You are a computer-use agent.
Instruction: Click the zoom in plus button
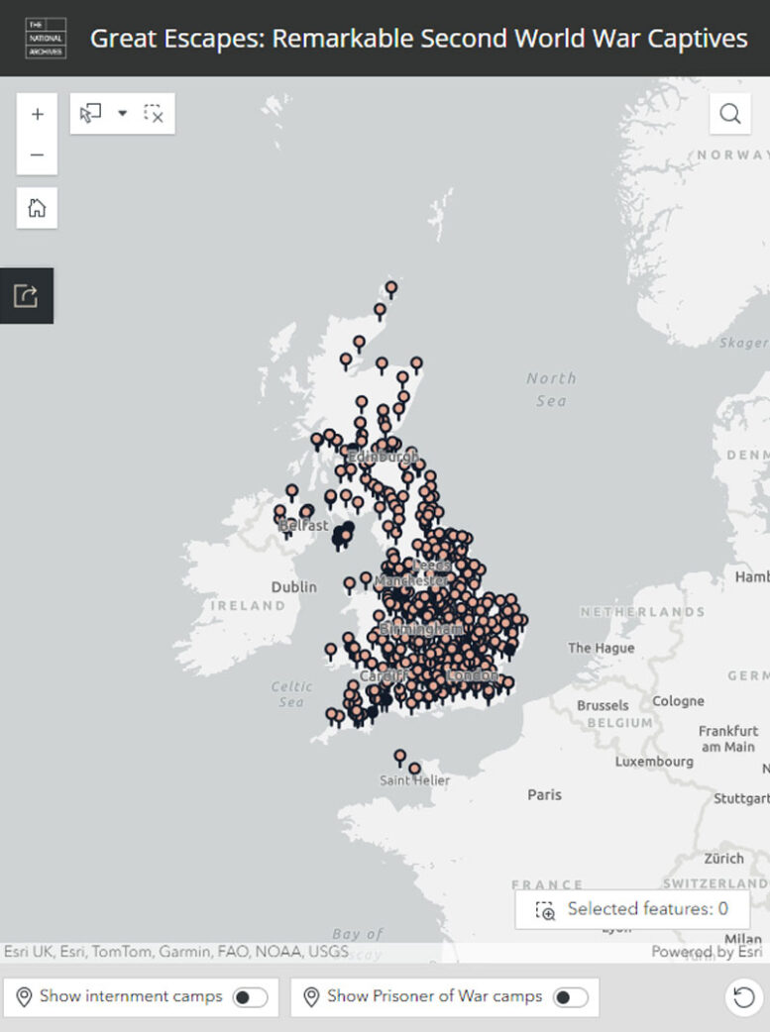(x=38, y=114)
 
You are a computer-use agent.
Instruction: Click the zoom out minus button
(x=38, y=155)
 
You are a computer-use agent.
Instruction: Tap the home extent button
(x=38, y=208)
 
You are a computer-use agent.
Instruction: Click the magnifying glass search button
(x=729, y=114)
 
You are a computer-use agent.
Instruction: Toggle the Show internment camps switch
(x=250, y=997)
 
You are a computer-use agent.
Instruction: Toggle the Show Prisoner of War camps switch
(x=570, y=997)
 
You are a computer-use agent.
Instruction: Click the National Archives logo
(x=46, y=38)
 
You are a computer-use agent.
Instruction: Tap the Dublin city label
(x=294, y=586)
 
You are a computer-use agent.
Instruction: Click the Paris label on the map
(x=544, y=794)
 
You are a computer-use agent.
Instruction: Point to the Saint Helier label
(x=414, y=780)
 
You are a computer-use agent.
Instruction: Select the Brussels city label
(x=603, y=705)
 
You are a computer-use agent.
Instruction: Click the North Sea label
(x=551, y=388)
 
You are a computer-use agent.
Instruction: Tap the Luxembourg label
(x=654, y=762)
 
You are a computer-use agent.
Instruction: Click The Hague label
(x=601, y=648)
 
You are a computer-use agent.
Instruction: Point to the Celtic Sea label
(x=291, y=694)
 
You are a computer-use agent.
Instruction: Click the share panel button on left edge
(x=26, y=295)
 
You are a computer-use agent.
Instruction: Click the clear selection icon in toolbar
(x=154, y=114)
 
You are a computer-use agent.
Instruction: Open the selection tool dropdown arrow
(x=123, y=114)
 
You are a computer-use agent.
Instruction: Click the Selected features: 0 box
(x=631, y=909)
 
